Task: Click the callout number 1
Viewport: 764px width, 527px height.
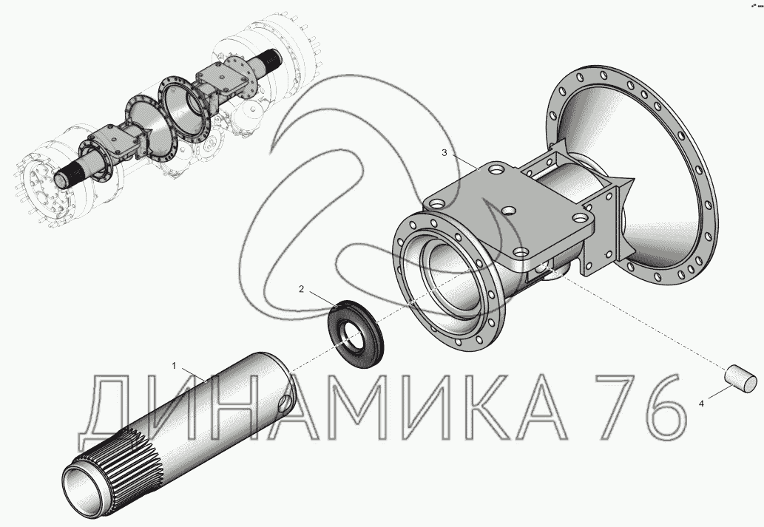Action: click(x=174, y=365)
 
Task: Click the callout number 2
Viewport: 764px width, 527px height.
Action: click(x=301, y=289)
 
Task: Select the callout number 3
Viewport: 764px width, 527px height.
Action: click(x=444, y=153)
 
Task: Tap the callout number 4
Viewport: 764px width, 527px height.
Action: click(x=701, y=404)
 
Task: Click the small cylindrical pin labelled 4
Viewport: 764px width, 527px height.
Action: click(x=740, y=378)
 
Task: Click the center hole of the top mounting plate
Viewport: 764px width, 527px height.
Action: click(x=509, y=211)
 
